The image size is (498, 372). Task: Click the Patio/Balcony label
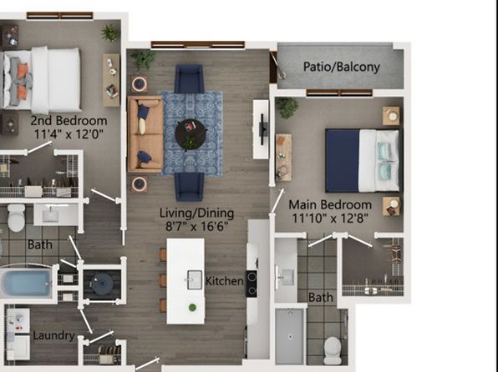[x=342, y=67]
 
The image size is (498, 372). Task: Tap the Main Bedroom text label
[x=330, y=204]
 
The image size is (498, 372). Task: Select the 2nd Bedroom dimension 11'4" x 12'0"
[x=69, y=133]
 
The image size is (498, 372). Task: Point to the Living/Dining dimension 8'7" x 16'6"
[x=197, y=226]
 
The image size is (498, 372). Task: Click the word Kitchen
[x=225, y=281]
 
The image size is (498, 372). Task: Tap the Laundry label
[x=54, y=335]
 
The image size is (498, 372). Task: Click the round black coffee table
[x=191, y=134]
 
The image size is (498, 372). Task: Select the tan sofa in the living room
[x=145, y=134]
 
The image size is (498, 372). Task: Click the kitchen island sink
[x=194, y=279]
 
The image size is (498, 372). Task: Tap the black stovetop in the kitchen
[x=252, y=284]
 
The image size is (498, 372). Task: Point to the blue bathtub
[x=26, y=283]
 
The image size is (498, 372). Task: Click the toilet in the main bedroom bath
[x=333, y=350]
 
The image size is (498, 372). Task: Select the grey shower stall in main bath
[x=289, y=336]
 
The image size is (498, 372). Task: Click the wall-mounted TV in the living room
[x=262, y=129]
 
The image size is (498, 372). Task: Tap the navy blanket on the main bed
[x=343, y=160]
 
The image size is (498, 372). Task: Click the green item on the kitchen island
[x=192, y=307]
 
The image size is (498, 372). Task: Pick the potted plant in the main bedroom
[x=287, y=108]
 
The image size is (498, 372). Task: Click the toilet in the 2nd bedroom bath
[x=16, y=218]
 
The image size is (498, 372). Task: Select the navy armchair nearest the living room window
[x=189, y=79]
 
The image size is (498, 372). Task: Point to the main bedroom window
[x=339, y=93]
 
